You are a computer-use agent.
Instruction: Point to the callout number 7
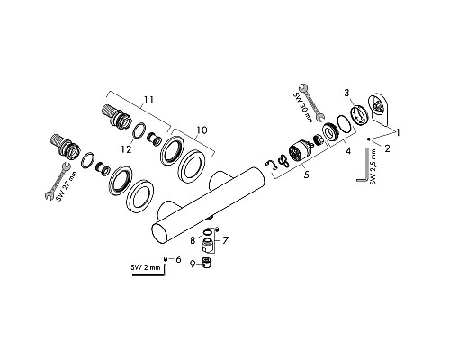(x=225, y=240)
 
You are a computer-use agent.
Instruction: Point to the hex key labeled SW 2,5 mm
(x=364, y=167)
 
